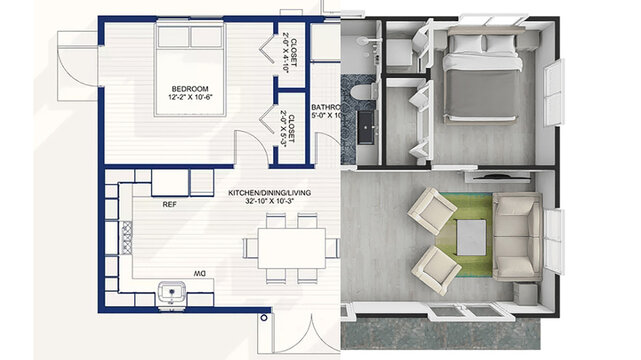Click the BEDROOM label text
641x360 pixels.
190,88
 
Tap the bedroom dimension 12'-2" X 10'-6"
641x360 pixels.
190,99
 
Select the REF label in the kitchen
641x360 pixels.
170,204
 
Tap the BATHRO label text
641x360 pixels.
325,105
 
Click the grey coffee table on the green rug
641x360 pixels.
471,237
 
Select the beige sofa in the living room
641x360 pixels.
516,236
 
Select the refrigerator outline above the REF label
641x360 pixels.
170,183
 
